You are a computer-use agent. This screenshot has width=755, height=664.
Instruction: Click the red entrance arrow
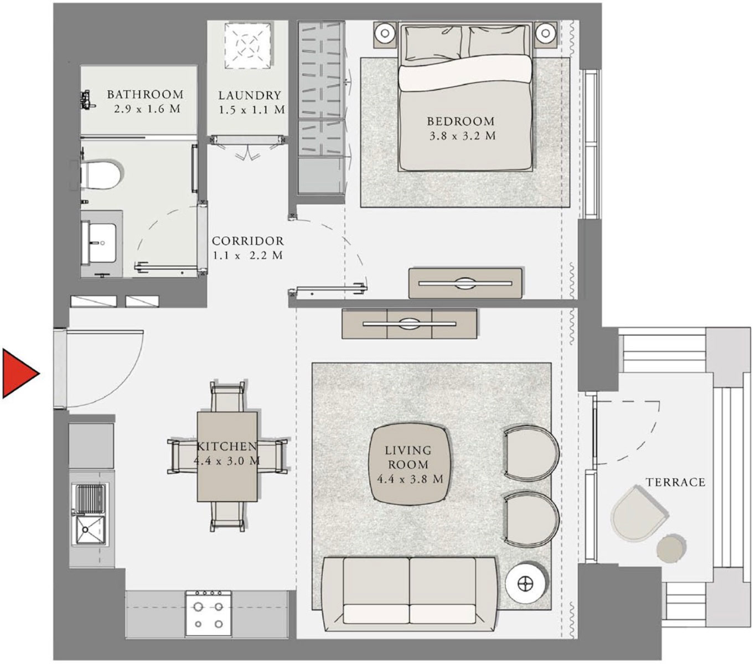coord(19,373)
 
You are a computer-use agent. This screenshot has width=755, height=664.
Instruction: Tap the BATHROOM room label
coord(146,95)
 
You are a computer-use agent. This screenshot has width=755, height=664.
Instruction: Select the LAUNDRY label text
coord(250,96)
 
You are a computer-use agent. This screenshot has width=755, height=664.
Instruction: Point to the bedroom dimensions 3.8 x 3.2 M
coord(463,136)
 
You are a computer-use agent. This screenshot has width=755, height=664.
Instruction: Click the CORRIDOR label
coord(248,241)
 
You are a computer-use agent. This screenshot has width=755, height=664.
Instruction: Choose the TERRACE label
coord(676,483)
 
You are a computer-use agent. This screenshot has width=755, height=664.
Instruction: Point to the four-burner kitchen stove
coord(209,613)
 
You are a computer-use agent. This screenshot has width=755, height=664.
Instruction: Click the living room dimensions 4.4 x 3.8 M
coord(410,479)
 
